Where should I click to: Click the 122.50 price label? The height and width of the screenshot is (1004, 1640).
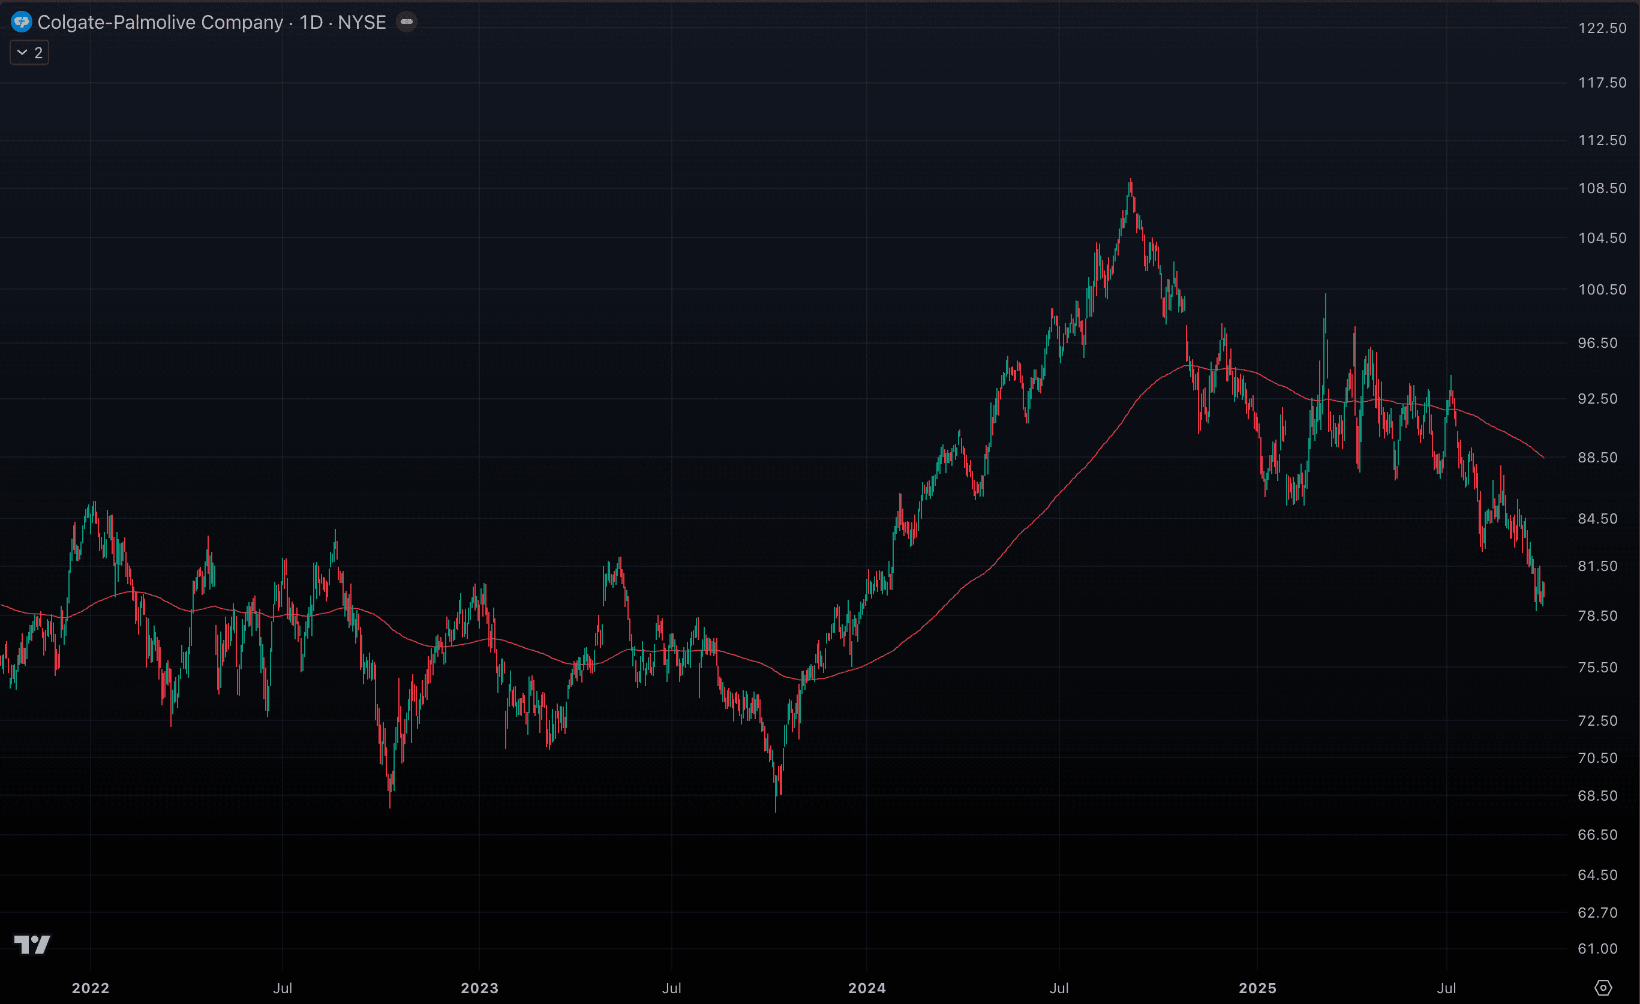pos(1602,28)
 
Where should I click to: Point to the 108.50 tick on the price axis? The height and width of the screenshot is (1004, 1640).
pos(1602,188)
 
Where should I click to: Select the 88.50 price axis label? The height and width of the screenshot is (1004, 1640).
pos(1597,458)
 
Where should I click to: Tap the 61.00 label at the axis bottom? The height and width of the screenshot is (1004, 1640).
pos(1597,949)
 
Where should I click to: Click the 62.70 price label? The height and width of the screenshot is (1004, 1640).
pos(1597,912)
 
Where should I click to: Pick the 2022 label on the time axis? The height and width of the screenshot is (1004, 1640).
pos(91,988)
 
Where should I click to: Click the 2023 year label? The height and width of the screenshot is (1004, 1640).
pos(479,988)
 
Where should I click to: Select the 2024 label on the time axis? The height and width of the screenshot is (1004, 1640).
pos(867,988)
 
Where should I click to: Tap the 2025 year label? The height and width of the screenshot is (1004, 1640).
pos(1257,988)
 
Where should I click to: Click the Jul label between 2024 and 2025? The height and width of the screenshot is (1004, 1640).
pos(1059,988)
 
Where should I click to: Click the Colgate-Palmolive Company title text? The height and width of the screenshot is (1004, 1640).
pos(160,22)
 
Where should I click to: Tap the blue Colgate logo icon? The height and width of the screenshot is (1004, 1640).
pos(22,22)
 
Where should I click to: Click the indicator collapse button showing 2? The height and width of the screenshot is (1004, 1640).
pos(29,53)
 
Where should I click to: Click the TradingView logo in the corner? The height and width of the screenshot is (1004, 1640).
pos(32,944)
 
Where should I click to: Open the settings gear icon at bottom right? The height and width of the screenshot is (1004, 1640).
pos(1603,988)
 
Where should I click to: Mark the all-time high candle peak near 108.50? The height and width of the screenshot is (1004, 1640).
pos(1130,180)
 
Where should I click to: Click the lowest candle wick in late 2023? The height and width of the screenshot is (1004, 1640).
pos(776,810)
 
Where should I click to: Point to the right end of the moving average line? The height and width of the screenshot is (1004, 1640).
pos(1543,458)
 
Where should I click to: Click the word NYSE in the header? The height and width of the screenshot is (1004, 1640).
pos(362,22)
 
